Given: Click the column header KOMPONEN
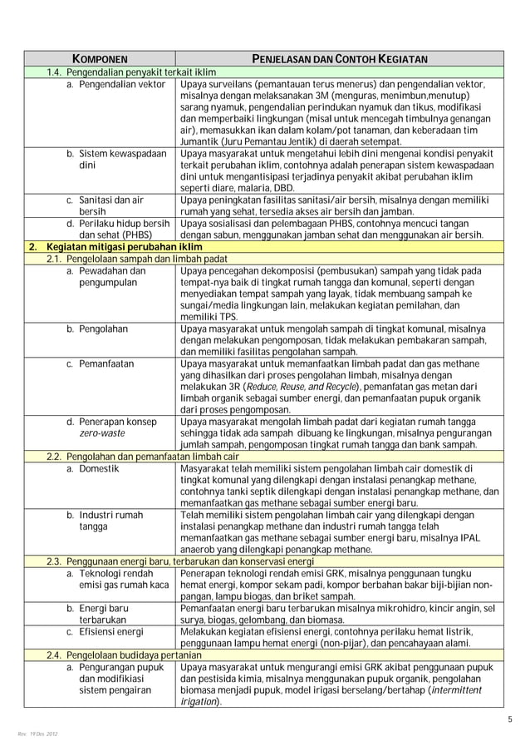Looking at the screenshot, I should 99,60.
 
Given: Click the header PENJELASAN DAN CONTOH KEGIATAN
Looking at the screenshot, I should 340,60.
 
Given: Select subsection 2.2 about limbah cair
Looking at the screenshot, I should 142,457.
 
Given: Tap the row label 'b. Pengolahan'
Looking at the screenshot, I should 97,329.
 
